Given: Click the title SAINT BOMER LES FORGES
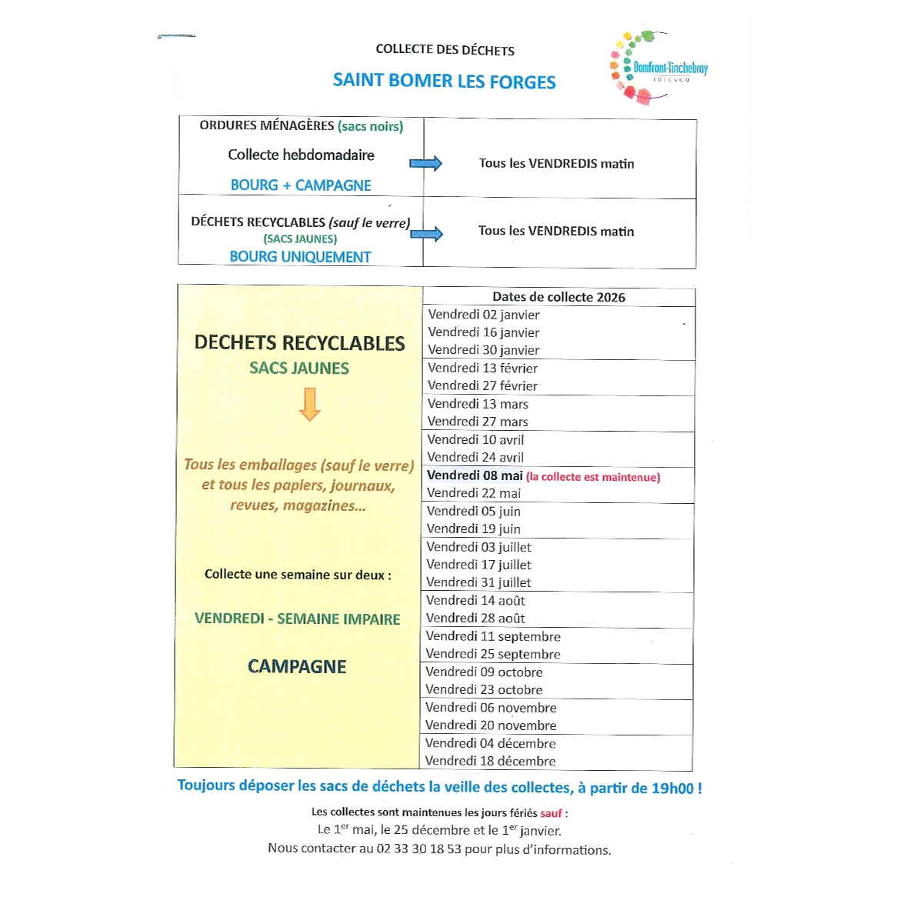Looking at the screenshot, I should (444, 82).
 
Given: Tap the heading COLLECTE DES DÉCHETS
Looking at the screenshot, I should (445, 50).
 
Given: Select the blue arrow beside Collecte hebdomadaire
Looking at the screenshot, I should (425, 163).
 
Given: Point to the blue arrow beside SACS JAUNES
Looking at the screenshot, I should (426, 234).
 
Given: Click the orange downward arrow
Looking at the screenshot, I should (309, 404).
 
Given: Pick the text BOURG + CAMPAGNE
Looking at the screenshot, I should (301, 185).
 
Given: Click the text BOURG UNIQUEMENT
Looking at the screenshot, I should (300, 257).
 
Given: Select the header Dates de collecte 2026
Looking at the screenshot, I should (559, 297).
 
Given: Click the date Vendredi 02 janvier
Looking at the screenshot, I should (484, 315).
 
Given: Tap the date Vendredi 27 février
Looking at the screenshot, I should (482, 385).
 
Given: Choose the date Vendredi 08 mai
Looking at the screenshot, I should (475, 475).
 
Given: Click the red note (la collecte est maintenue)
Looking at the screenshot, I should (593, 477).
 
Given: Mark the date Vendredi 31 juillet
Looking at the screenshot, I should (479, 582).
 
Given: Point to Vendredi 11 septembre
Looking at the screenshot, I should (493, 636).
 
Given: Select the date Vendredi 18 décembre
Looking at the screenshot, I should (490, 761).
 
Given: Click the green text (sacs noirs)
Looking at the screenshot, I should (370, 126).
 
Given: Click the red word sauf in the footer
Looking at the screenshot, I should (551, 813).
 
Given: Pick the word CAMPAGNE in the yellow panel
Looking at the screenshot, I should (297, 667).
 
